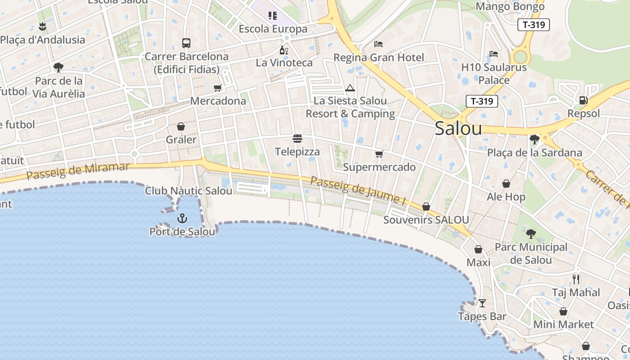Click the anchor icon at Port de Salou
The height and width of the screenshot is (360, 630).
(x=182, y=219)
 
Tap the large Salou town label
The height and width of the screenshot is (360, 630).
(x=458, y=129)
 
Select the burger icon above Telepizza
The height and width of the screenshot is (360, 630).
(x=297, y=138)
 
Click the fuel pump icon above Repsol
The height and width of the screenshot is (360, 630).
(x=583, y=100)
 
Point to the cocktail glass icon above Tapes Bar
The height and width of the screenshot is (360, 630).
(x=482, y=303)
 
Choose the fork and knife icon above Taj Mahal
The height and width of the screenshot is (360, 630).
(x=576, y=279)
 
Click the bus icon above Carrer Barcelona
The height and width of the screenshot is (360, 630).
(x=186, y=43)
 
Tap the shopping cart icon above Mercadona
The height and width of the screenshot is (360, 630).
(x=218, y=88)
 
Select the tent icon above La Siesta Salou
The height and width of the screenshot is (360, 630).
(x=350, y=88)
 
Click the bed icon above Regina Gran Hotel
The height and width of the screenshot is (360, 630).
(x=378, y=44)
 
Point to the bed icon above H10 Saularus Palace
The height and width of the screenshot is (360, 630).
(x=494, y=54)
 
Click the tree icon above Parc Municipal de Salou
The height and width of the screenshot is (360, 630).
(x=531, y=234)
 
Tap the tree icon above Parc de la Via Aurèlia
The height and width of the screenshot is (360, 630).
(x=58, y=67)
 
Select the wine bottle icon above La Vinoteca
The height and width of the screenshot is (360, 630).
(x=284, y=50)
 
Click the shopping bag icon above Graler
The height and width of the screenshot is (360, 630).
(x=181, y=126)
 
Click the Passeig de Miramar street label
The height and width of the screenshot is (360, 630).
(x=78, y=171)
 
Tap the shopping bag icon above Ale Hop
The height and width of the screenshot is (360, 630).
(x=506, y=184)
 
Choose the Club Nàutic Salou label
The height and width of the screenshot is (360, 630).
(x=189, y=191)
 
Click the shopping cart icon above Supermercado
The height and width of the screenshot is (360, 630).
(x=379, y=154)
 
